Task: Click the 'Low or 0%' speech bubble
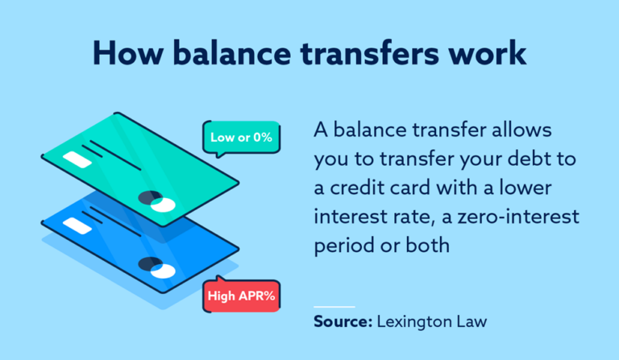(x=241, y=137)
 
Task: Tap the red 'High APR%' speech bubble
(x=241, y=296)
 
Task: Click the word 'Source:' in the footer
(x=341, y=322)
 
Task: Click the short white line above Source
(x=333, y=306)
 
